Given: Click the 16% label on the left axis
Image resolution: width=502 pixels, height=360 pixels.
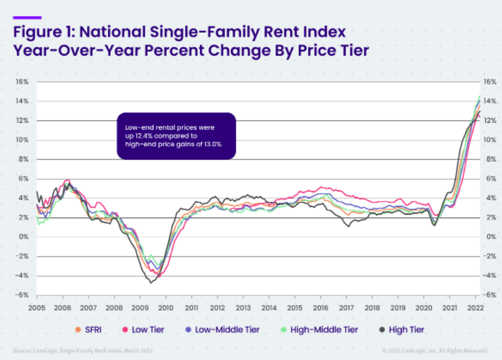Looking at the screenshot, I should pyautogui.click(x=22, y=81).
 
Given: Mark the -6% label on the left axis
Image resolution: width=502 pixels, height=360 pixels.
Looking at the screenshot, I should pyautogui.click(x=22, y=295).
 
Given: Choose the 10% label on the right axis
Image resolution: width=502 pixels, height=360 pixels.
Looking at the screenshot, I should pyautogui.click(x=490, y=140).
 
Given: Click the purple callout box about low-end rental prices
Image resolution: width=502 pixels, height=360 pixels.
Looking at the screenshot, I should pyautogui.click(x=176, y=136).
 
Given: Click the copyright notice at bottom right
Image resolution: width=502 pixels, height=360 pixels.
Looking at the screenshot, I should pyautogui.click(x=434, y=350).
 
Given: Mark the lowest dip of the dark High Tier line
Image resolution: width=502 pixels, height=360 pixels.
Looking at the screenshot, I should pyautogui.click(x=150, y=282).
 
